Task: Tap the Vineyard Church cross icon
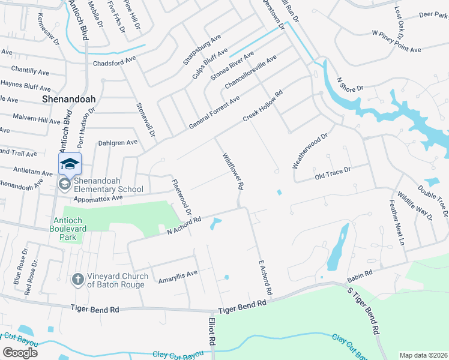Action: pyautogui.click(x=77, y=279)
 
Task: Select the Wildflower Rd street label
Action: pyautogui.click(x=233, y=170)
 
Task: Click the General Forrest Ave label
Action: pyautogui.click(x=214, y=112)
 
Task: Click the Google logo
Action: pyautogui.click(x=20, y=352)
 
